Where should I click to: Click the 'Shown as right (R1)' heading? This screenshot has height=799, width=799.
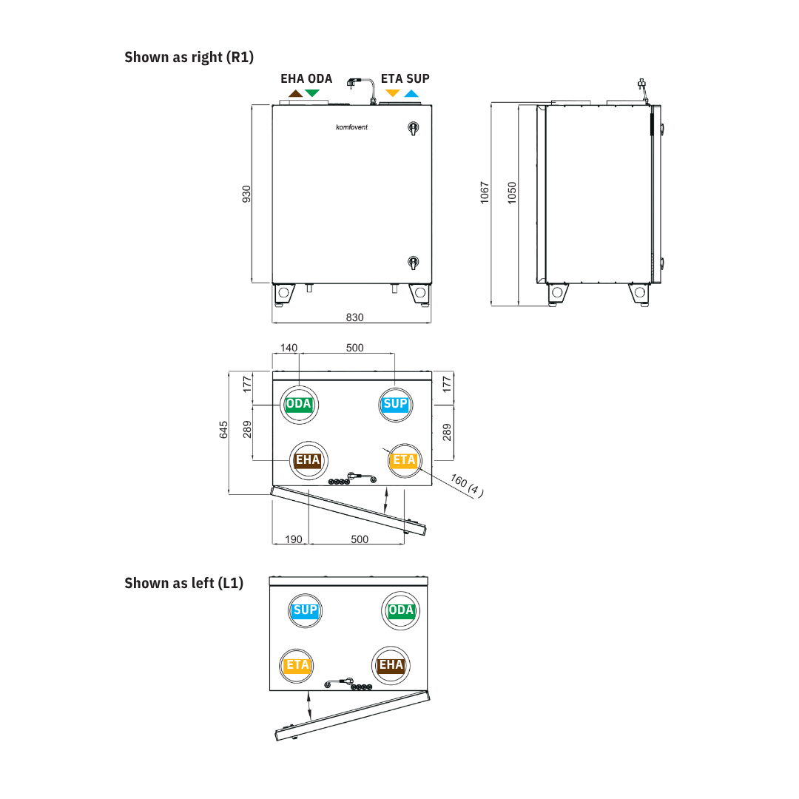[x=189, y=57]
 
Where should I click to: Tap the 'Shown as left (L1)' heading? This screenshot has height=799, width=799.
[x=184, y=583]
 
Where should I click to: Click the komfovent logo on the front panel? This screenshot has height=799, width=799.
[x=351, y=127]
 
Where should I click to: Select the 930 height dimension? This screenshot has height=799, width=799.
[x=246, y=194]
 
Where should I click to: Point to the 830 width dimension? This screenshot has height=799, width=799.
[x=354, y=317]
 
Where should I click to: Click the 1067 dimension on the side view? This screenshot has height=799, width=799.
[x=485, y=192]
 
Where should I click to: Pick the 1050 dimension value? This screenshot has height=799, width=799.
[x=512, y=192]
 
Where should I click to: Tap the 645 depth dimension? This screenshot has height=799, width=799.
[x=223, y=430]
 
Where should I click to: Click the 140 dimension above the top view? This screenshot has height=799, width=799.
[x=289, y=348]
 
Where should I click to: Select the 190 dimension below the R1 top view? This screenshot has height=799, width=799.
[x=294, y=539]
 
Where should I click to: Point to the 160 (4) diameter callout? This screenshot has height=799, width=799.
[x=467, y=485]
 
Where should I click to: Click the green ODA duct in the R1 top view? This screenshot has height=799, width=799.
[x=299, y=405]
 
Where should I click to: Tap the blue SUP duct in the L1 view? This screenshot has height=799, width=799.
[x=306, y=610]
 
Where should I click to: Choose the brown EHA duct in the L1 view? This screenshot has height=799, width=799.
[x=391, y=666]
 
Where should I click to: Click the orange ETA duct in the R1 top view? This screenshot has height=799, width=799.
[x=405, y=461]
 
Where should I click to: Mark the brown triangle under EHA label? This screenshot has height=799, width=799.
[x=295, y=93]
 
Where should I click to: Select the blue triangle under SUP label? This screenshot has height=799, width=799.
[x=411, y=93]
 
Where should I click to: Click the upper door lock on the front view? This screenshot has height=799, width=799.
[x=414, y=128]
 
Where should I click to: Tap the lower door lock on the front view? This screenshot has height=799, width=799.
[x=414, y=263]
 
